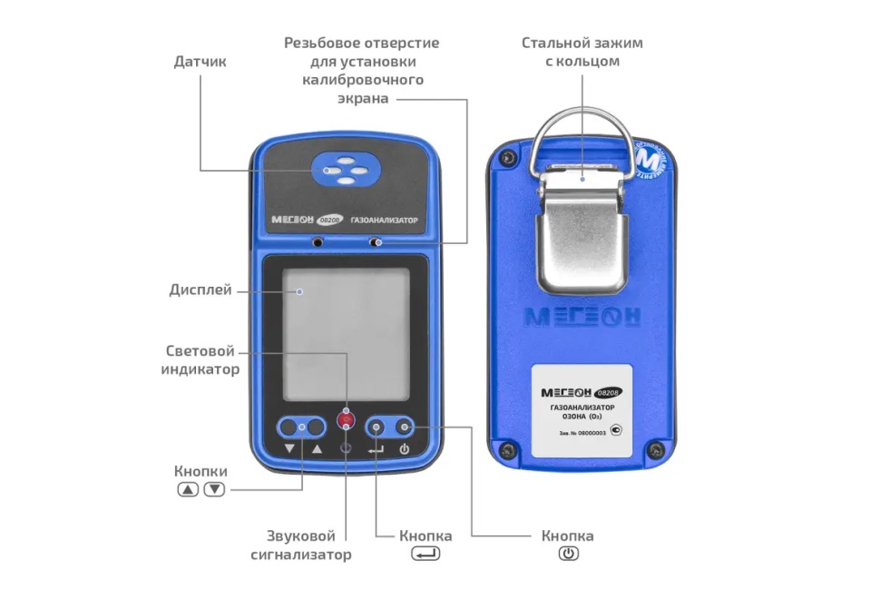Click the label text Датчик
[200, 62]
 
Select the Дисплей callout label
[200, 290]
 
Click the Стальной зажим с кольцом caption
[582, 52]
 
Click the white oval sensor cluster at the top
[344, 169]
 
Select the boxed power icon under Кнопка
[568, 554]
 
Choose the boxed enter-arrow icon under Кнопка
[426, 554]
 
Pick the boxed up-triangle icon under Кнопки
[188, 489]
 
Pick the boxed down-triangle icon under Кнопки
[214, 489]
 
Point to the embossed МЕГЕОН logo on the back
[582, 317]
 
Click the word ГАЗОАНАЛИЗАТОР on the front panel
[387, 220]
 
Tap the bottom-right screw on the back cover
[652, 451]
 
